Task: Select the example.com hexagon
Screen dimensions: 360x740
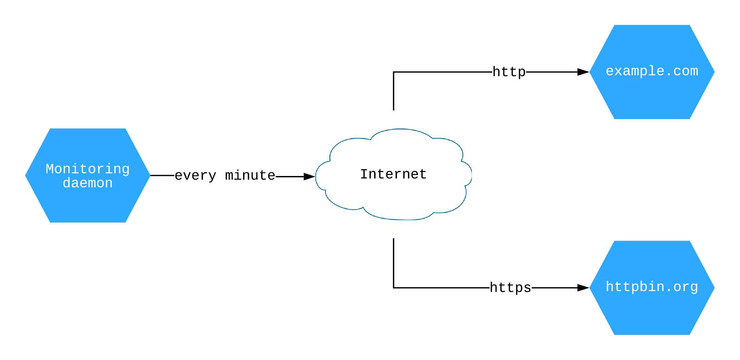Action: click(x=652, y=97)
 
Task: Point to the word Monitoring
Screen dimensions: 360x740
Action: click(x=88, y=169)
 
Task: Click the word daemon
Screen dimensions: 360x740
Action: click(x=88, y=183)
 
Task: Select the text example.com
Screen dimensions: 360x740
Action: click(x=652, y=71)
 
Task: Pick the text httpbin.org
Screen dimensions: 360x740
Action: click(x=652, y=287)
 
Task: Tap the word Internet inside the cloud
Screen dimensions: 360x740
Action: click(x=393, y=174)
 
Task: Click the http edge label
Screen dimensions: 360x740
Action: click(x=509, y=72)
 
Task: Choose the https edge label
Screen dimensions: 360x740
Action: click(x=510, y=288)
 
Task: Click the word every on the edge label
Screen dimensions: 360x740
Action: click(x=195, y=176)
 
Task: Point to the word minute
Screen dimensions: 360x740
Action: click(x=250, y=176)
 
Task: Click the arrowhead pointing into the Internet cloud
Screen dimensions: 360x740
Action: click(x=309, y=176)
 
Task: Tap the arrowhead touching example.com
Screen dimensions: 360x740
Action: click(x=583, y=72)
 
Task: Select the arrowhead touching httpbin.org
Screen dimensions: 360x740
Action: click(x=583, y=288)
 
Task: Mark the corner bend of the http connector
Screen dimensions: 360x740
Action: click(x=394, y=72)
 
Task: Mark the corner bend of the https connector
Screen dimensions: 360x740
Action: click(x=394, y=288)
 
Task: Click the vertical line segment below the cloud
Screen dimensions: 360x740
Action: click(x=394, y=263)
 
